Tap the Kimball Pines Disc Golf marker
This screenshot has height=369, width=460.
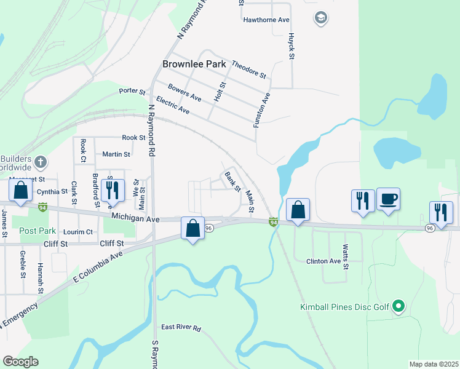[399, 305]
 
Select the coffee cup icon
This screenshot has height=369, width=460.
[388, 200]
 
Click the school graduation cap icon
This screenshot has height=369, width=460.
[320, 18]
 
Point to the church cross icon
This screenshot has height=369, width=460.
[41, 162]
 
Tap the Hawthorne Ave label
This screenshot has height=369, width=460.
[266, 20]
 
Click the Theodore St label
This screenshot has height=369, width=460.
[248, 69]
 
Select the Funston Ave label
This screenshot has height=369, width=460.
[261, 111]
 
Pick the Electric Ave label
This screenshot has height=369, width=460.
[173, 105]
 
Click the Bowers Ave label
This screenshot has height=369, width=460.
[184, 93]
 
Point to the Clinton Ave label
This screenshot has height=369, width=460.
[323, 261]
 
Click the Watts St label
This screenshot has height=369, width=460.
[346, 257]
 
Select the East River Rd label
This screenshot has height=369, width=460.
[181, 328]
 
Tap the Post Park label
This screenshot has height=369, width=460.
[38, 231]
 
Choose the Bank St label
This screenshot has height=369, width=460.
[232, 180]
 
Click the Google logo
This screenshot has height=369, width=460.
[20, 362]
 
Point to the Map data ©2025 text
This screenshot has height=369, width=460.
[433, 364]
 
